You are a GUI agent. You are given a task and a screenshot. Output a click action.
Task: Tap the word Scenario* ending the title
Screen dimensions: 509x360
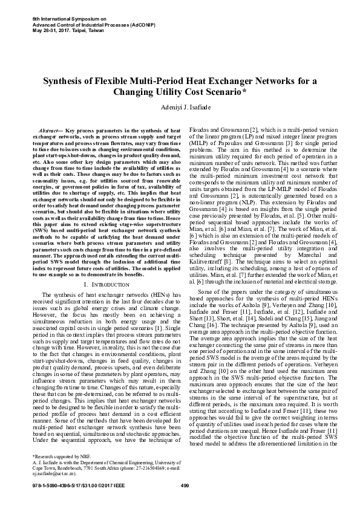pyautogui.click(x=224, y=92)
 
